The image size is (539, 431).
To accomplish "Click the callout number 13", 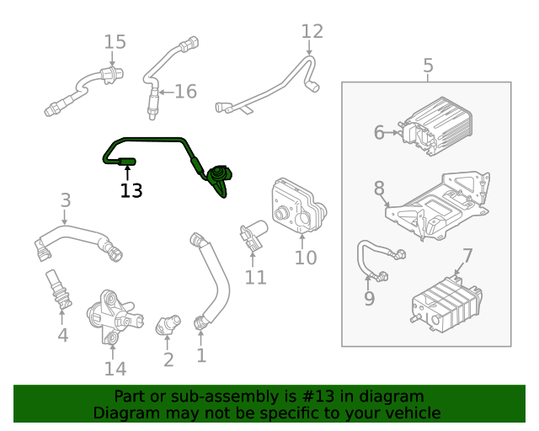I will point(131,191).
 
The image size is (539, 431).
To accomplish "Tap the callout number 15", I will point(115,42).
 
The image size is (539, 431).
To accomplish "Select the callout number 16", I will point(184,92).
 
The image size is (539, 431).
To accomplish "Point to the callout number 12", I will point(312,32).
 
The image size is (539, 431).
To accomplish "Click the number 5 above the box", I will point(428,66).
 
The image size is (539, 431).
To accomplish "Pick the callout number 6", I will point(379,132).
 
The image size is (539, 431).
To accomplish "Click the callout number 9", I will point(369,299).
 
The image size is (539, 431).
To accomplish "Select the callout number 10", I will point(305,257).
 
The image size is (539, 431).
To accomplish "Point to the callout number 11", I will point(255,277).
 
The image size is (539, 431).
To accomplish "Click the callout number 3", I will point(66,200).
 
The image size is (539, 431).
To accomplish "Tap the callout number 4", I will point(62,336).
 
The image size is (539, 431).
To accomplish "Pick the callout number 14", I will point(115,368).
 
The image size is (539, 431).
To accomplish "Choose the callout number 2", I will point(168,359).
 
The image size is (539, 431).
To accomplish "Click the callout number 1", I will point(200,355).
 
